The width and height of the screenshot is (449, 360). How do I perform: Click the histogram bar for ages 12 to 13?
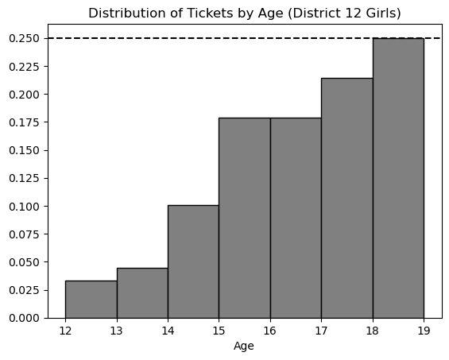[x=91, y=300]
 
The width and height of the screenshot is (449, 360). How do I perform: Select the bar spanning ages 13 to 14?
[x=142, y=293]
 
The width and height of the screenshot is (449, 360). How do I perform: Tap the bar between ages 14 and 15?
[x=193, y=261]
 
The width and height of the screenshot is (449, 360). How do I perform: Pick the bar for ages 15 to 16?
[x=245, y=218]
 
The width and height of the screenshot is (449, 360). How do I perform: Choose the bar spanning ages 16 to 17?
[x=296, y=218]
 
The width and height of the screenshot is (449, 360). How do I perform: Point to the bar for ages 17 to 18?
[x=347, y=198]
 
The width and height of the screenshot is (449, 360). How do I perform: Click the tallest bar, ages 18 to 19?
[x=398, y=178]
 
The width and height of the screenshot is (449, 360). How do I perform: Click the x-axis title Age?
[x=244, y=346]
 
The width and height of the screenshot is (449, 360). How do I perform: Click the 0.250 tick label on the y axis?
[x=24, y=38]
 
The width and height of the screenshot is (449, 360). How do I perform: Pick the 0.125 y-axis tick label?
[x=24, y=179]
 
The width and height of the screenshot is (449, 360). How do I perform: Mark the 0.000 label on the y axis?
[x=24, y=318]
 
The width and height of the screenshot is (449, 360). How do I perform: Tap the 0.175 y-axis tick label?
[x=24, y=122]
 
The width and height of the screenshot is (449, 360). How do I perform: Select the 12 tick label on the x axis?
[x=65, y=331]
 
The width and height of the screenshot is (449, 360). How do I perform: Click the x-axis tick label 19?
[x=424, y=331]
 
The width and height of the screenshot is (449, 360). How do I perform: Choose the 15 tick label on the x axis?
[x=219, y=331]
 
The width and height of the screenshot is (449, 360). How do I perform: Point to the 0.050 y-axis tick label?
[x=24, y=262]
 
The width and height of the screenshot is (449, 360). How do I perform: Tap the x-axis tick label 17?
[x=321, y=331]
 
